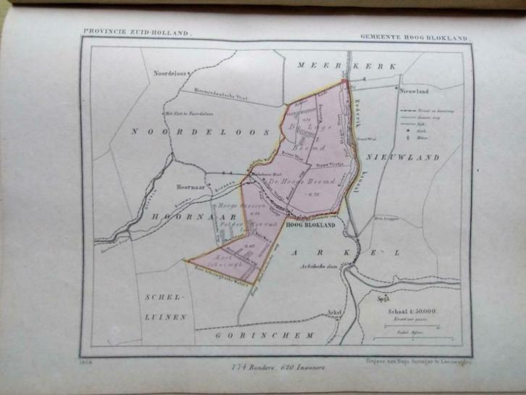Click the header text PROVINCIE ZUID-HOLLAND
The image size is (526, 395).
(x=136, y=33)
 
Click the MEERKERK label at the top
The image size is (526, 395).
(x=348, y=66)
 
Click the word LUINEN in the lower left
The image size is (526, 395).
(x=167, y=317)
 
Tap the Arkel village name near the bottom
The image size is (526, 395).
(x=333, y=312)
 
